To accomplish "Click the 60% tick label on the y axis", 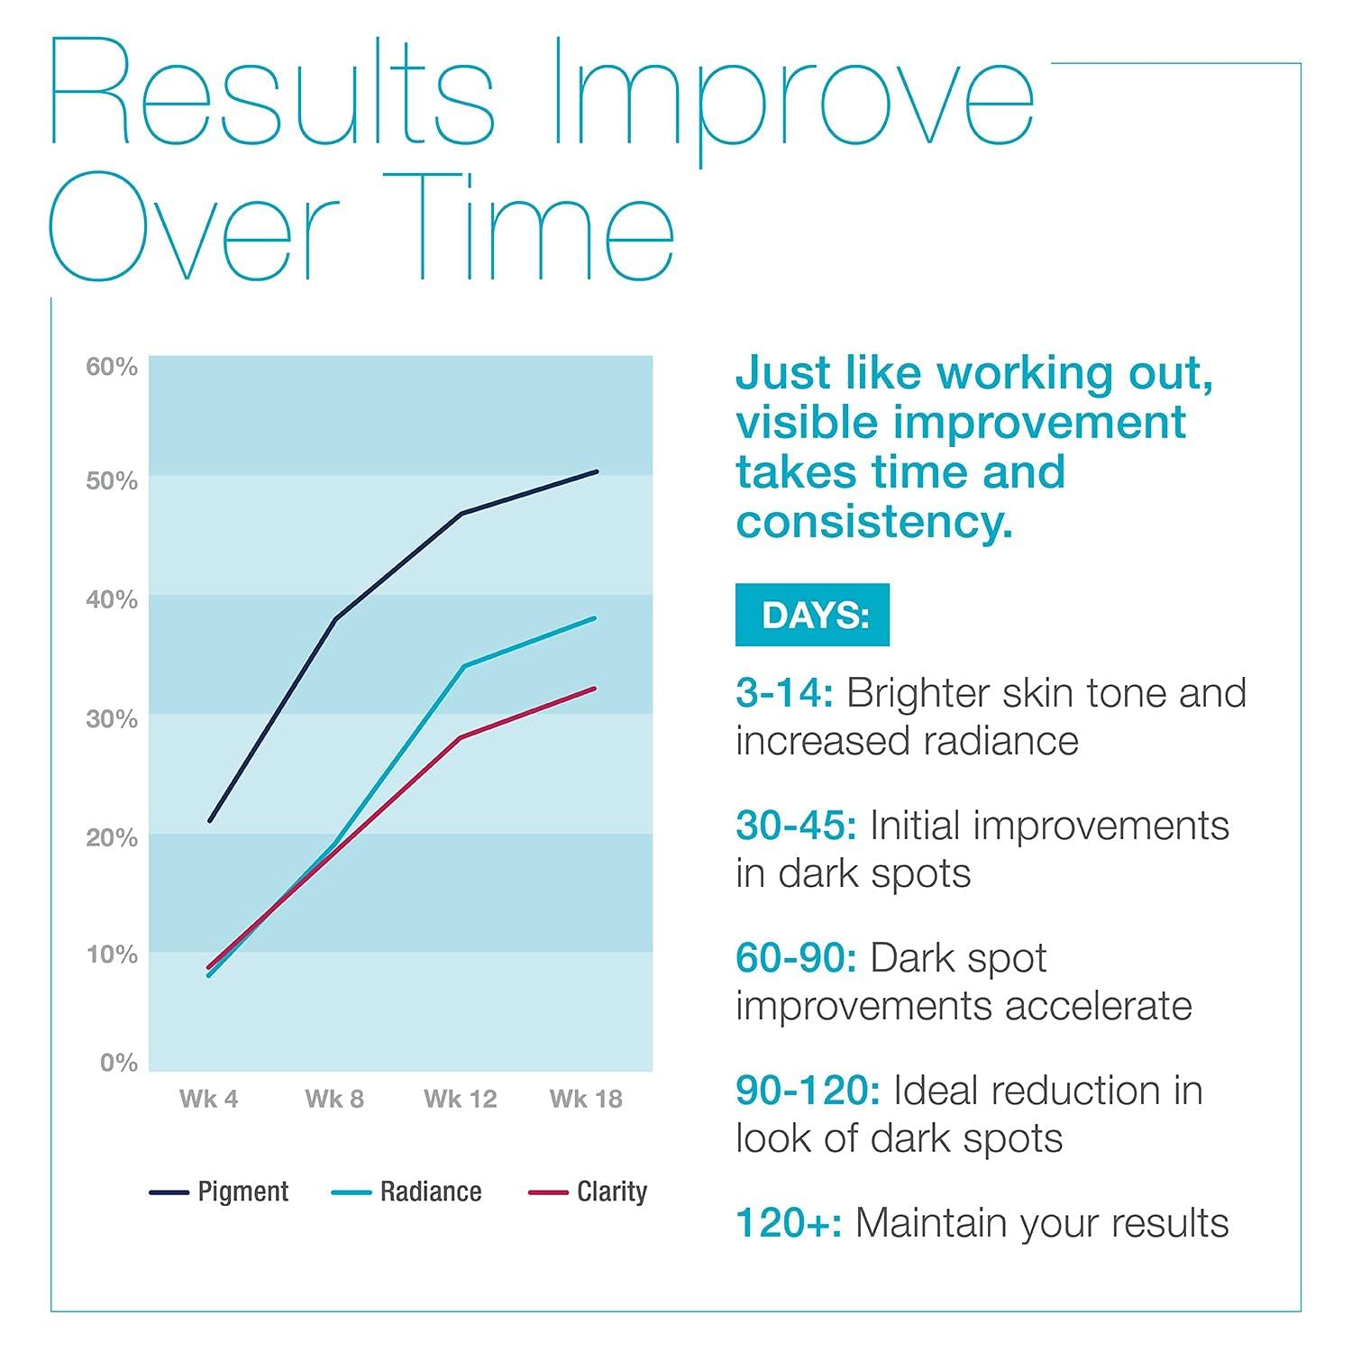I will tap(112, 367).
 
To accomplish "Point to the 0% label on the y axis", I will tap(119, 1063).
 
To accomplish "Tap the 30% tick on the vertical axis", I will tap(112, 719).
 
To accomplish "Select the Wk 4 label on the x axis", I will tap(208, 1099).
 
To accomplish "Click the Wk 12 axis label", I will tap(461, 1099).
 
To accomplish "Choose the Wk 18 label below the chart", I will tap(586, 1099).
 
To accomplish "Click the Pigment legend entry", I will tap(219, 1192).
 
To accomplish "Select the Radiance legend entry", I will tap(407, 1192).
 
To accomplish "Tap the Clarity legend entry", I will tap(588, 1192).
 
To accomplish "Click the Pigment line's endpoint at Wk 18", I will tap(597, 471).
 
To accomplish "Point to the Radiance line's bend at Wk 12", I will tap(462, 667).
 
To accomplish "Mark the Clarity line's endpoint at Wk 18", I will tap(595, 689).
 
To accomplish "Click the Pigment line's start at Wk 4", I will tap(209, 820).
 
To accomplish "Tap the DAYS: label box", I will tap(812, 615).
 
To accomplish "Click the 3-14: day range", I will tap(784, 693).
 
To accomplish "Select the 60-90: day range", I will tap(796, 958).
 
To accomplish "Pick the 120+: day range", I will tap(789, 1223).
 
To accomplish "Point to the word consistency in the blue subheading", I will tap(873, 522).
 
